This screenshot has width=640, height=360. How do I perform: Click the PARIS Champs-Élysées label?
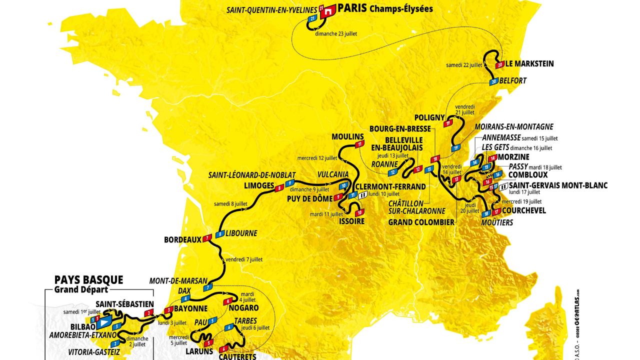click(385, 8)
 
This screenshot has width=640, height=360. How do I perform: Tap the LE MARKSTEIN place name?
click(529, 64)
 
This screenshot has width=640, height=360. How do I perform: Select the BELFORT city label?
click(513, 80)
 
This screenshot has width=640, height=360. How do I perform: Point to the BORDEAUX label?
click(182, 240)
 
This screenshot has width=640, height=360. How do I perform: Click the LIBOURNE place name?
click(241, 233)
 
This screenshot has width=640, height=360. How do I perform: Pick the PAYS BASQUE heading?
click(88, 280)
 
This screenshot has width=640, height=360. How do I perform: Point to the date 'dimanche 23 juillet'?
click(336, 34)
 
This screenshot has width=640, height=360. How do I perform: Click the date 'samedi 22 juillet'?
click(464, 65)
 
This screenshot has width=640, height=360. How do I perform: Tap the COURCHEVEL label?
click(524, 210)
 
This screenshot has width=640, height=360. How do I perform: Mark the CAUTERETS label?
click(237, 356)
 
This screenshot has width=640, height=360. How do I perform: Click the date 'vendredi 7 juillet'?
click(244, 259)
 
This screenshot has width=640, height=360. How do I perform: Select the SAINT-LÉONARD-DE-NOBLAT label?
click(252, 175)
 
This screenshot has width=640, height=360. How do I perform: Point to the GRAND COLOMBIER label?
click(421, 222)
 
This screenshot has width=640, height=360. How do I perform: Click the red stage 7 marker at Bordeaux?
click(207, 239)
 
